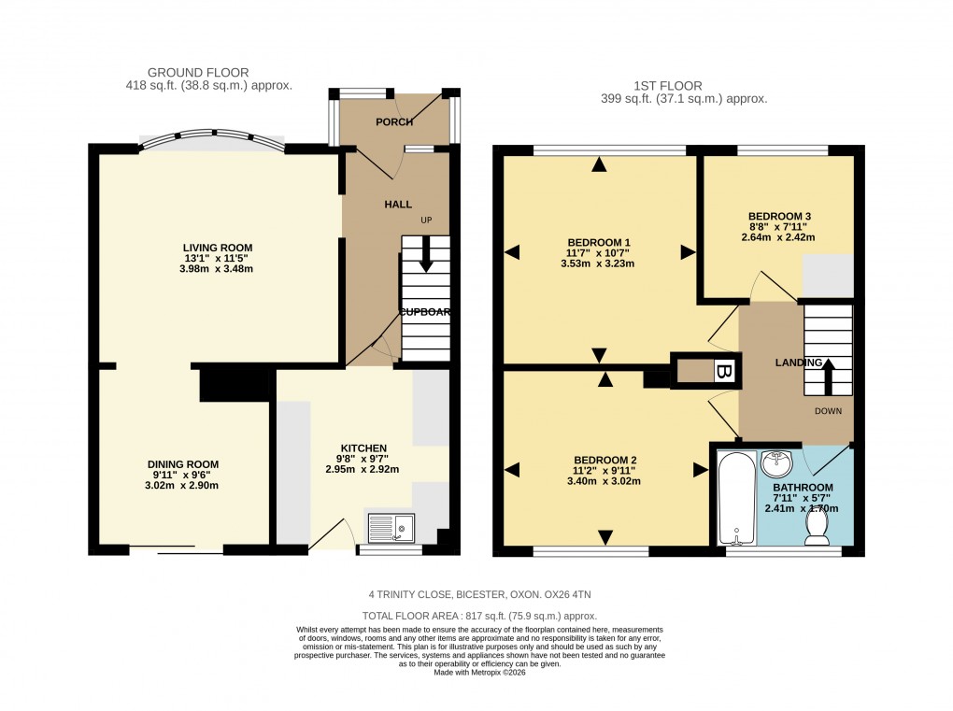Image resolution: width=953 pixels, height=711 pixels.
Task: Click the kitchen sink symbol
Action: [391, 529]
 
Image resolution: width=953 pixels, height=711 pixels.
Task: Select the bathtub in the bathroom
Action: [737, 498]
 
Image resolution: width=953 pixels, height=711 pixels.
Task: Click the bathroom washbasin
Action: [775, 462]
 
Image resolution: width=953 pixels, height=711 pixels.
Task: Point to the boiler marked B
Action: [721, 371]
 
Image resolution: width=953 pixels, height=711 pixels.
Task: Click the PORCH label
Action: [393, 122]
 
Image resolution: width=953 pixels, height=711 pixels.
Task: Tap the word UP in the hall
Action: [427, 220]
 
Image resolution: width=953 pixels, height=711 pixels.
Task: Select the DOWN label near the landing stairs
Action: [828, 411]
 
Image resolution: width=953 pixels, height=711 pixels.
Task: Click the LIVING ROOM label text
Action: [218, 248]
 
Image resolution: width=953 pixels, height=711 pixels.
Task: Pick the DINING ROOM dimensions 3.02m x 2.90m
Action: [183, 485]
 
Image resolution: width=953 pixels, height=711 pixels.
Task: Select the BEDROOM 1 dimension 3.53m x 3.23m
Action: [597, 263]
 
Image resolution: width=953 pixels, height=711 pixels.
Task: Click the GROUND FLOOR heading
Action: [198, 72]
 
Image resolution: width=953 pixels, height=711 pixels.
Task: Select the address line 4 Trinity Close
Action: [478, 594]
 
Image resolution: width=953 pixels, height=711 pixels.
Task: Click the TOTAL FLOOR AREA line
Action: [478, 616]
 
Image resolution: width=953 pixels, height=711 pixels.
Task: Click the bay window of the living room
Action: [211, 139]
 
